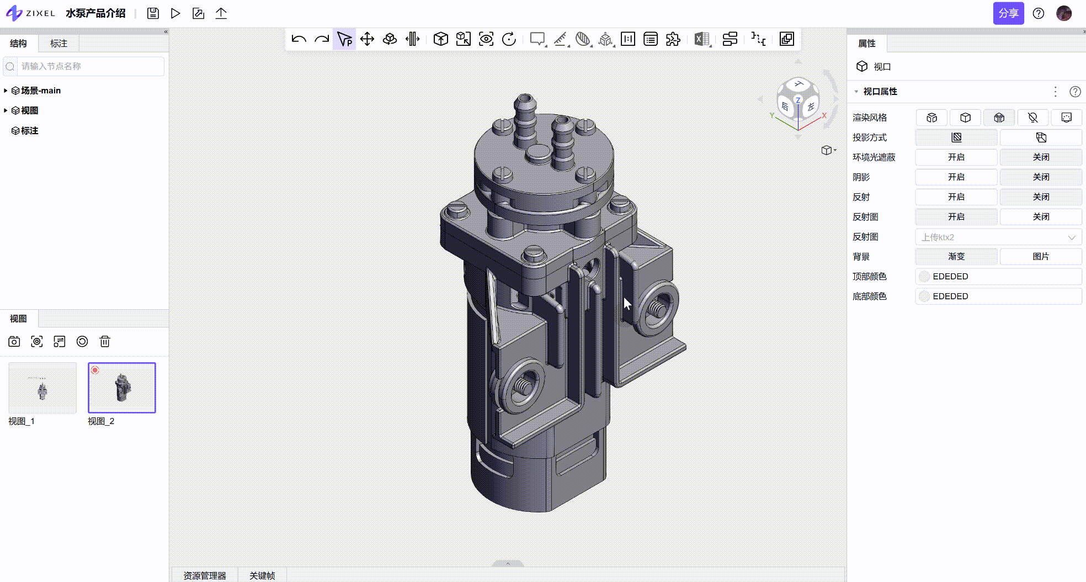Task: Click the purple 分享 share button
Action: [x=1008, y=13]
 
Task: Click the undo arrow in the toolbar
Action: [x=299, y=39]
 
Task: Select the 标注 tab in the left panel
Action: [x=58, y=43]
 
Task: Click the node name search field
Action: [x=84, y=66]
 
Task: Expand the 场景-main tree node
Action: [x=6, y=91]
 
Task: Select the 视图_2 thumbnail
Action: [x=122, y=388]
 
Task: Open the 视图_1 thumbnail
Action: [x=42, y=388]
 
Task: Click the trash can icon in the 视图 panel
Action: [x=105, y=342]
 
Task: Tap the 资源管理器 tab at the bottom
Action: [x=205, y=575]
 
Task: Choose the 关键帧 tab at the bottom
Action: [x=262, y=575]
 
